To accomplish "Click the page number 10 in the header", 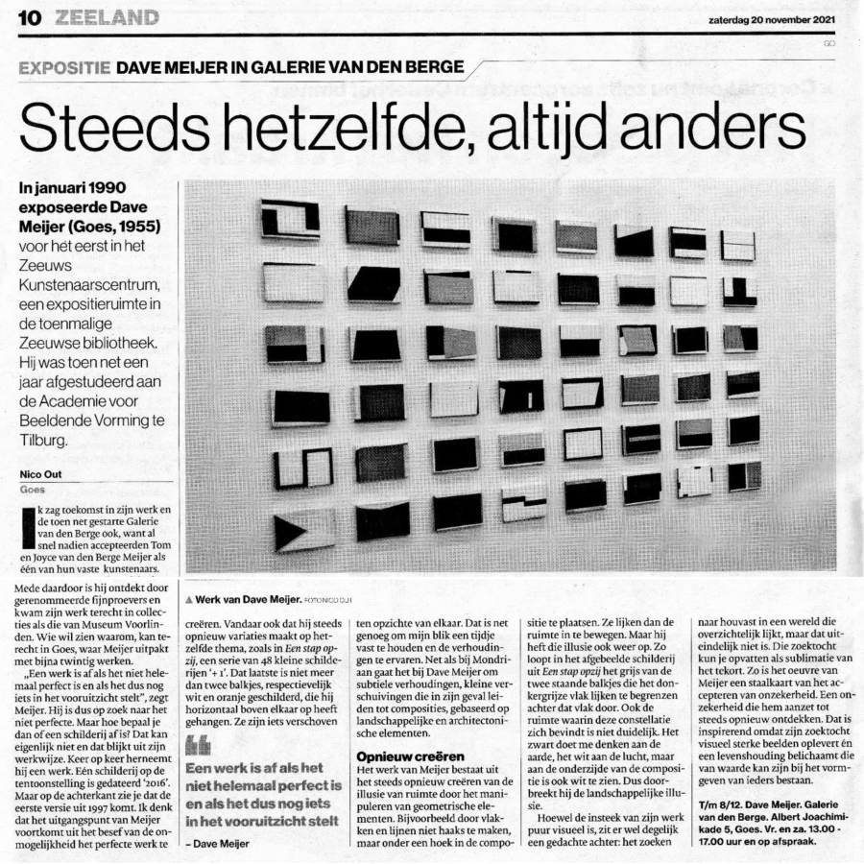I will [x=26, y=17].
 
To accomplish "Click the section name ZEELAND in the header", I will [x=108, y=17].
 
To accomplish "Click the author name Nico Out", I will [x=39, y=473].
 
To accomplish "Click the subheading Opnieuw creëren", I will [x=396, y=757].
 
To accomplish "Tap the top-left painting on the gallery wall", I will [x=290, y=219].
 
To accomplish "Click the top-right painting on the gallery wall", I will [x=738, y=245].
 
